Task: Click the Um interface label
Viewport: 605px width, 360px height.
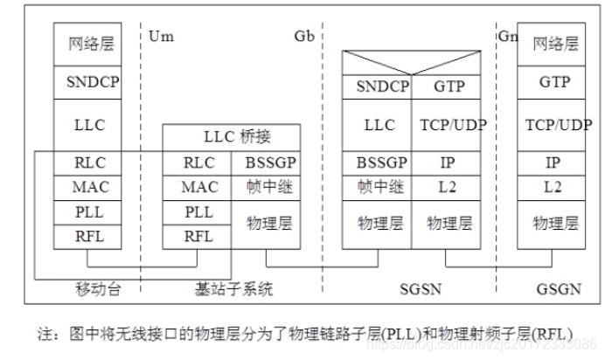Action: (x=160, y=37)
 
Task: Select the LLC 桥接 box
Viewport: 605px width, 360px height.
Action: (x=232, y=137)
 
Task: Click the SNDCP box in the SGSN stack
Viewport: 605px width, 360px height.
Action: (x=378, y=87)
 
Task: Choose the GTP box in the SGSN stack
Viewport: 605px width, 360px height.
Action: (x=446, y=87)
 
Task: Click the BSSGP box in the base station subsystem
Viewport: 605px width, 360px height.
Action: (x=267, y=162)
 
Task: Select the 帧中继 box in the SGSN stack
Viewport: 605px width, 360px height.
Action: (x=378, y=186)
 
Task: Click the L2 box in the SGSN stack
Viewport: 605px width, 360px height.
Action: (x=446, y=186)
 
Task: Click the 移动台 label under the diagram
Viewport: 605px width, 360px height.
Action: (x=96, y=287)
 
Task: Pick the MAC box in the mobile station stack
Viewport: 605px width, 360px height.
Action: (x=90, y=186)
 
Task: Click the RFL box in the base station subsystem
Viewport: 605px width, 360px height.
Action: (x=198, y=235)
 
